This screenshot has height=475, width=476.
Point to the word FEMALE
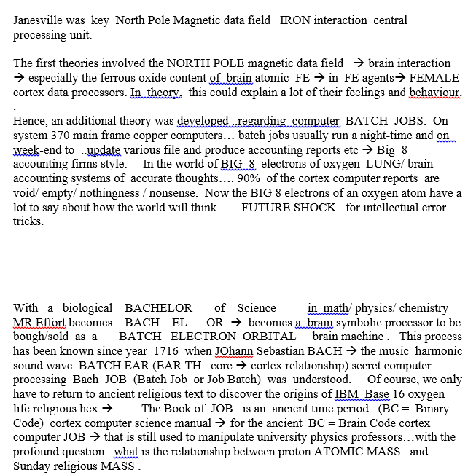[x=434, y=78]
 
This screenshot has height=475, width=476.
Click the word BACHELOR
[x=158, y=308]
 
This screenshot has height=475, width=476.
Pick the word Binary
[x=432, y=409]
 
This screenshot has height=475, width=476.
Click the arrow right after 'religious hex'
[x=106, y=409]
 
